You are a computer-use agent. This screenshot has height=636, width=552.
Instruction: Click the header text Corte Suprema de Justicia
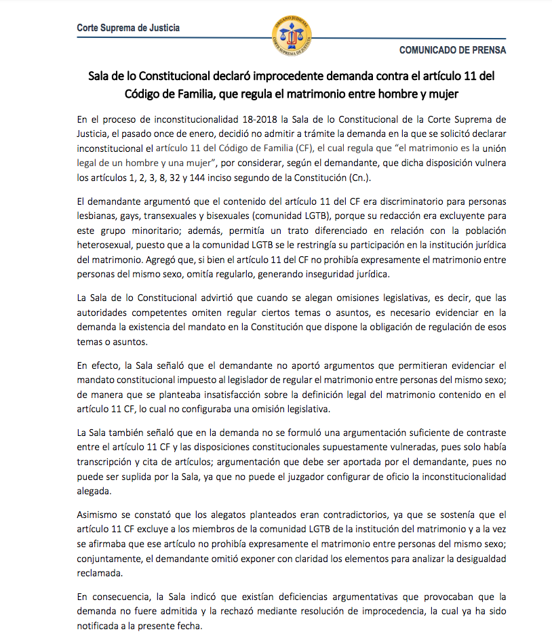pyautogui.click(x=128, y=28)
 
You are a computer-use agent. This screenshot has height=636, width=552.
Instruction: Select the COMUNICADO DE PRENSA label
pyautogui.click(x=452, y=50)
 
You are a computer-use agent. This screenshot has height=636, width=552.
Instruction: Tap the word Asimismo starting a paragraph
pyautogui.click(x=99, y=515)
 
